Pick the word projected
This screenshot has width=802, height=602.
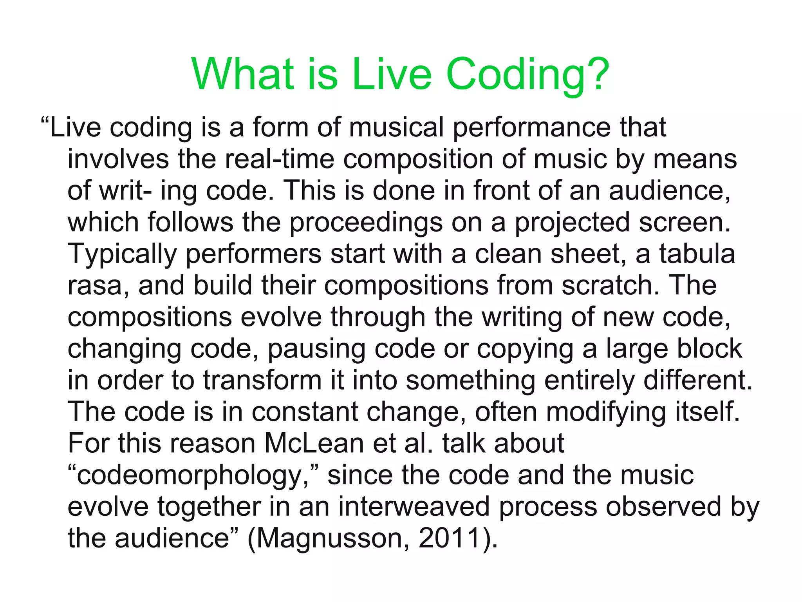572,223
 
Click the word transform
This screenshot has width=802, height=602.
262,381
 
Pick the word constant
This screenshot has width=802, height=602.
305,412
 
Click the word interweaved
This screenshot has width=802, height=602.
414,507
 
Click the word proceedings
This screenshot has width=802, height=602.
366,223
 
